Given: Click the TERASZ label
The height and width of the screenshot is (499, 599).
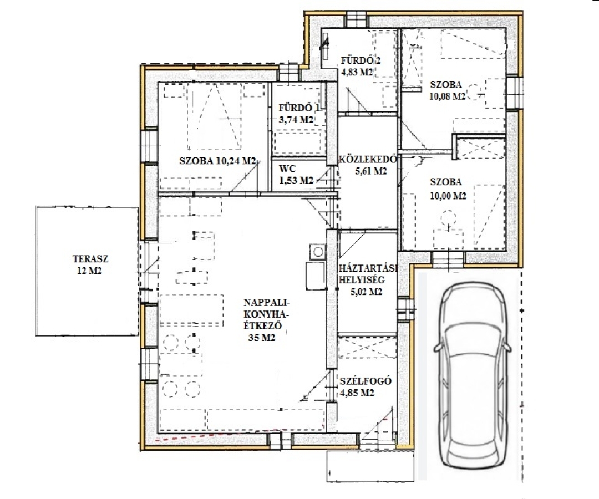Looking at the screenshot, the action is [x=90, y=259].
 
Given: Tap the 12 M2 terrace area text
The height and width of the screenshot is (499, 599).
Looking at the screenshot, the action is [x=90, y=271].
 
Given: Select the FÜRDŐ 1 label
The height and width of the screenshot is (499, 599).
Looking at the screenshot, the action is [x=299, y=108].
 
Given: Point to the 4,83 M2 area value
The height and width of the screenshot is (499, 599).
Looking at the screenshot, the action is [x=357, y=72].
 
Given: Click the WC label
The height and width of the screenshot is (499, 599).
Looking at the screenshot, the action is [x=287, y=169].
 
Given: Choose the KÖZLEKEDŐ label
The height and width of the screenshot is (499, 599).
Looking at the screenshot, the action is [x=368, y=159].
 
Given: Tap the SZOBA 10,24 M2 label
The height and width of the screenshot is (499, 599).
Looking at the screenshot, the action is [x=217, y=161].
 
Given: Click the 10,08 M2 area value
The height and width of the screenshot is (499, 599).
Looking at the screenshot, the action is [x=448, y=96].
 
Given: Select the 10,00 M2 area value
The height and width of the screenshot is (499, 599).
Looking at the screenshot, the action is [x=448, y=196].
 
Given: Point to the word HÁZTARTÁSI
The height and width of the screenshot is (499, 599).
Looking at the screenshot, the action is [x=368, y=268].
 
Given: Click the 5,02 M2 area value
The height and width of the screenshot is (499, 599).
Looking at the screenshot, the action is [x=366, y=292].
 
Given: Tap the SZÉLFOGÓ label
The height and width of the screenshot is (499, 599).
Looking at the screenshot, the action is [x=366, y=381].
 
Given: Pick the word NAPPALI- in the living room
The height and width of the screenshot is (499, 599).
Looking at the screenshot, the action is [x=267, y=303].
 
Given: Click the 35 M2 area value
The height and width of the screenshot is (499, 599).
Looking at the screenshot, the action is [x=262, y=338].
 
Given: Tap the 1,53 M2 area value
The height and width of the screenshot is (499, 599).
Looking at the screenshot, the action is [x=296, y=180].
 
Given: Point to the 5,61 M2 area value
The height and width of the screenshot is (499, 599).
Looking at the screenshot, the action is [x=370, y=171].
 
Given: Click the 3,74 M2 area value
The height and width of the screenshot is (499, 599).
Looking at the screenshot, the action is [x=296, y=120].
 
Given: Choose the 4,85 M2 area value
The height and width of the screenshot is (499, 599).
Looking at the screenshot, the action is [x=357, y=393].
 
